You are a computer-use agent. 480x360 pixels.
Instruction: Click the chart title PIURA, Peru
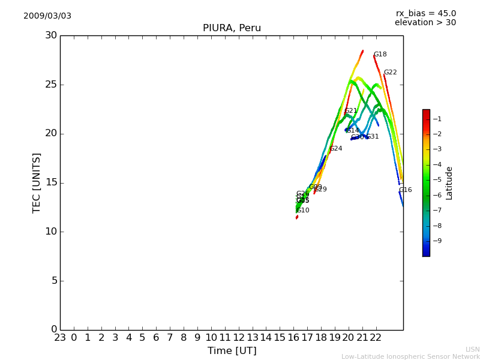[x=232, y=28]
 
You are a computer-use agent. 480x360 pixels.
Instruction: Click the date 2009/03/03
[x=47, y=16]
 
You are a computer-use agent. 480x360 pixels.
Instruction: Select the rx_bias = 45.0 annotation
[x=425, y=13]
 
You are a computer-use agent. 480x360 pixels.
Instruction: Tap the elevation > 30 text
[x=425, y=23]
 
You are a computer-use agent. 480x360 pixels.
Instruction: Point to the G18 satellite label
[x=380, y=55]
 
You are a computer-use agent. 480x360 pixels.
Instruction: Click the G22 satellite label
[x=391, y=73]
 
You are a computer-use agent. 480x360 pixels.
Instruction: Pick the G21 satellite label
[x=351, y=111]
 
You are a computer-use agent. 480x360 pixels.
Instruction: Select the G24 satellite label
[x=336, y=149]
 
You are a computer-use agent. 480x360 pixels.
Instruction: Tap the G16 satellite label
[x=406, y=190]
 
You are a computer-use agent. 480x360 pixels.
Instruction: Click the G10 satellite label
[x=303, y=211]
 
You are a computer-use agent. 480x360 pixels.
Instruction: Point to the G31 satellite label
[x=373, y=137]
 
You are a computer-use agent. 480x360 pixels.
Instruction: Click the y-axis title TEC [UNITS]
[x=37, y=182]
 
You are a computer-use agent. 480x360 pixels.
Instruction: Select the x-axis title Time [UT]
[x=232, y=351]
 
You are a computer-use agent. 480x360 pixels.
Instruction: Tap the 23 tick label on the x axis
[x=60, y=337]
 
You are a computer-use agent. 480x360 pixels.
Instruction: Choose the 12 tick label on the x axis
[x=239, y=337]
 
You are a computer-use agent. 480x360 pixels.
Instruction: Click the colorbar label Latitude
[x=449, y=183]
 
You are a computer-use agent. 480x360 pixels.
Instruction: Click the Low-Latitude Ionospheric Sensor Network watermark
[x=410, y=357]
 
